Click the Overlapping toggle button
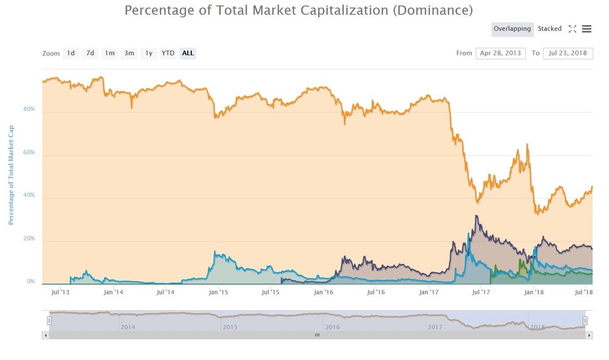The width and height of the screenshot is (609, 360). [512, 29]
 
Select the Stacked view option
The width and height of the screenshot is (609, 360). [549, 29]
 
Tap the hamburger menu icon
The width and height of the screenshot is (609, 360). [586, 29]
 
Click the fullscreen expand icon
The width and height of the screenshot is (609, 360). [572, 29]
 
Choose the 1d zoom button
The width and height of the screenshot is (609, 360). [71, 53]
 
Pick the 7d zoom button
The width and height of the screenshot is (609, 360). [90, 53]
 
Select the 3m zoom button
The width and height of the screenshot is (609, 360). [129, 53]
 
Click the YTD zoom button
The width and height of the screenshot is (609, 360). [168, 53]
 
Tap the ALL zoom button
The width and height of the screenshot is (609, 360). [188, 53]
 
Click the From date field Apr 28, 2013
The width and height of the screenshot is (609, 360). [501, 53]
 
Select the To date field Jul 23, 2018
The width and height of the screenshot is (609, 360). [568, 53]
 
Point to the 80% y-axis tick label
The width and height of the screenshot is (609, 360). [29, 109]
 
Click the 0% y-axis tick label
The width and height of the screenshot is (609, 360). [31, 281]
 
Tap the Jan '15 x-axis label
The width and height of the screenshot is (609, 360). [218, 292]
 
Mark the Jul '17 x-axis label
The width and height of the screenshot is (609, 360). [481, 292]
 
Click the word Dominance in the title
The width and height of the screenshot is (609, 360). [432, 10]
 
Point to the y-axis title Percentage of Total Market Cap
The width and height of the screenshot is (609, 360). [11, 175]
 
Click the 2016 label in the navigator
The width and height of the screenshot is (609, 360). [333, 327]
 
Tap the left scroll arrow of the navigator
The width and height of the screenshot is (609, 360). [46, 335]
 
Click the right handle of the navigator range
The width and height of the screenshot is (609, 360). [585, 320]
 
